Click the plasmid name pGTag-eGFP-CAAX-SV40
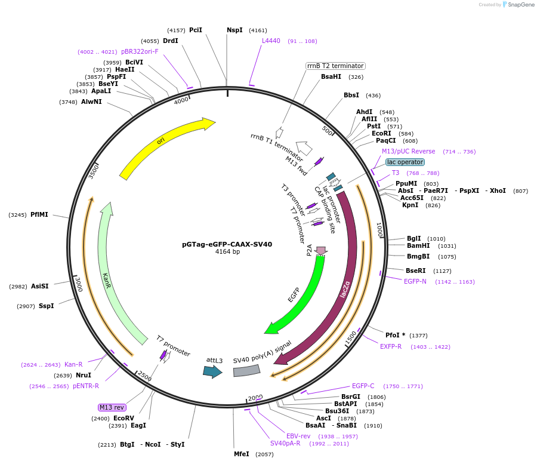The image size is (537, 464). click(227, 244)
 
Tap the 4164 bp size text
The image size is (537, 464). click(227, 252)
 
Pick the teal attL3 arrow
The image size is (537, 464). click(212, 371)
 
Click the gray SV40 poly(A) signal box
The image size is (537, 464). click(246, 371)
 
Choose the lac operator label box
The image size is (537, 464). click(405, 162)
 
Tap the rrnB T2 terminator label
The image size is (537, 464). click(335, 66)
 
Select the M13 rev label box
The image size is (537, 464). click(112, 407)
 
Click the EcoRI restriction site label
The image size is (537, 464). click(381, 133)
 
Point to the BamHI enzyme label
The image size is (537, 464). click(418, 245)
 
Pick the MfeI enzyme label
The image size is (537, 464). click(242, 454)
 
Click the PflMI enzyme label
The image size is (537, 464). click(39, 214)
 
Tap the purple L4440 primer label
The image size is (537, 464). click(271, 41)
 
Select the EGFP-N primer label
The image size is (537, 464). click(415, 281)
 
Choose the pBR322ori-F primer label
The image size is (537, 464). click(140, 51)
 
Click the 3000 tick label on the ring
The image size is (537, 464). click(77, 284)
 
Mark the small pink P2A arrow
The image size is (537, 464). click(321, 250)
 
